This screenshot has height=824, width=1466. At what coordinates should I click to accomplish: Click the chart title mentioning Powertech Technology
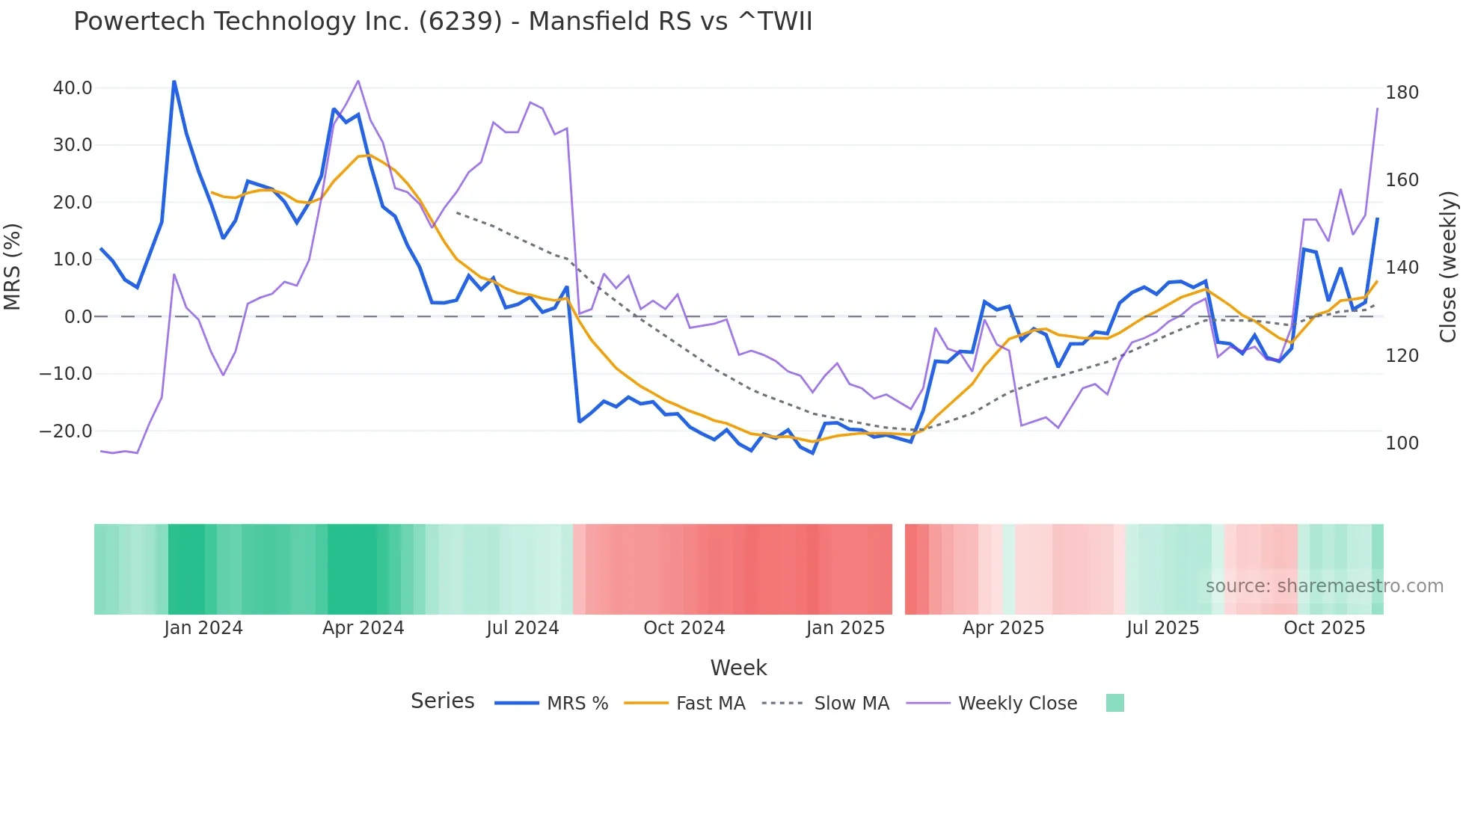(x=443, y=22)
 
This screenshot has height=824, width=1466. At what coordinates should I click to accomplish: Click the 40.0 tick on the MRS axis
(x=73, y=88)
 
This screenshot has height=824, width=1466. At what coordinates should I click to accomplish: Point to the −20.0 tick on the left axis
(x=67, y=431)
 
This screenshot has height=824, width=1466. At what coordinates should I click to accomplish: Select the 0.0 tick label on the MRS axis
(x=78, y=317)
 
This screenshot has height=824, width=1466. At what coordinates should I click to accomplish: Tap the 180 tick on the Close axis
(x=1402, y=93)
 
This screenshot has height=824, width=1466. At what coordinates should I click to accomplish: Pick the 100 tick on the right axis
(x=1402, y=443)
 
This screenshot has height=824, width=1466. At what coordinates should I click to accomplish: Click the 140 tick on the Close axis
(x=1402, y=268)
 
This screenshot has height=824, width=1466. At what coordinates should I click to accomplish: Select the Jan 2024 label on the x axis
(x=203, y=628)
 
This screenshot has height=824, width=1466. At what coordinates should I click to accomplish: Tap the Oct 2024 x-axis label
(x=684, y=628)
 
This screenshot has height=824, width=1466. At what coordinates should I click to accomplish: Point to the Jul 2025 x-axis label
(x=1163, y=628)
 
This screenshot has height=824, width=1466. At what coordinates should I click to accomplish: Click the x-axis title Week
(x=738, y=668)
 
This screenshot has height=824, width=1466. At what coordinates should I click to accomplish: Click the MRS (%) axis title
(x=13, y=267)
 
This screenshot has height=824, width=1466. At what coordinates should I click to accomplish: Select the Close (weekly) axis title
(x=1448, y=267)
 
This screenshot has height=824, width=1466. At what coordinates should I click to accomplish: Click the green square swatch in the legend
(x=1114, y=703)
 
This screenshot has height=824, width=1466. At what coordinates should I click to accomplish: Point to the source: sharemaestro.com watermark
(x=1324, y=586)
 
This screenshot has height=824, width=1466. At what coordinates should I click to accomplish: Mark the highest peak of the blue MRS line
(x=174, y=82)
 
